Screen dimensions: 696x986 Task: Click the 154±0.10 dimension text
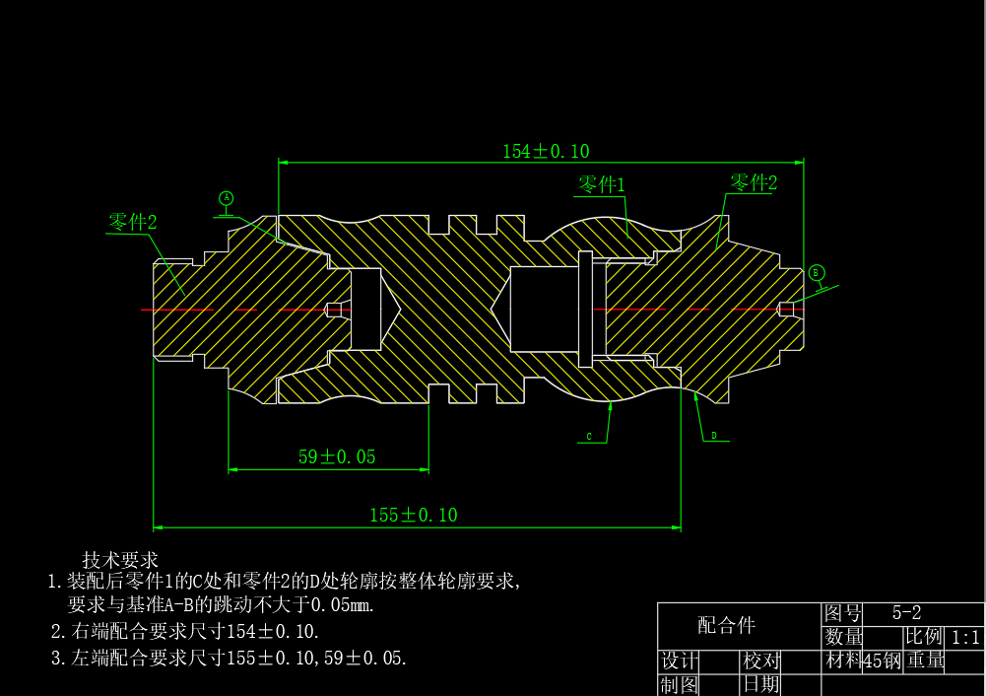coord(546,151)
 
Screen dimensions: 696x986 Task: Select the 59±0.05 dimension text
coord(337,456)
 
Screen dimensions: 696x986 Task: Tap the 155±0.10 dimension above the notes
coord(413,515)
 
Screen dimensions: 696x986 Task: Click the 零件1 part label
coord(601,184)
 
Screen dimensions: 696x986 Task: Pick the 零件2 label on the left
coord(132,222)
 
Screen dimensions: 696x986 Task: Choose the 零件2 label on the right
coord(754,182)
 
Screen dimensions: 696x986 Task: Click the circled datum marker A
coord(226,198)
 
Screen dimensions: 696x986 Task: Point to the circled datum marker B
coord(816,272)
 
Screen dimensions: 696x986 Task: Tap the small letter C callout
coord(588,436)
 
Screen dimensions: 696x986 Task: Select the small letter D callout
coord(714,435)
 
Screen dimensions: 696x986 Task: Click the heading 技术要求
coord(120,560)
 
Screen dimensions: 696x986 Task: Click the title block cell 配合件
coord(727,624)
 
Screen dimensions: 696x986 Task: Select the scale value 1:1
coord(965,637)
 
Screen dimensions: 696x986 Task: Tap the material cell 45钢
coord(883,661)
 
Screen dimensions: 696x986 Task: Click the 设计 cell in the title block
coord(680,661)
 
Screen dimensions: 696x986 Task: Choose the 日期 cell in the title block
coord(761,683)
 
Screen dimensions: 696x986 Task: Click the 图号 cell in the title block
coord(843,613)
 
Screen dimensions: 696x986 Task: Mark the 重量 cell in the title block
coord(926,661)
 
